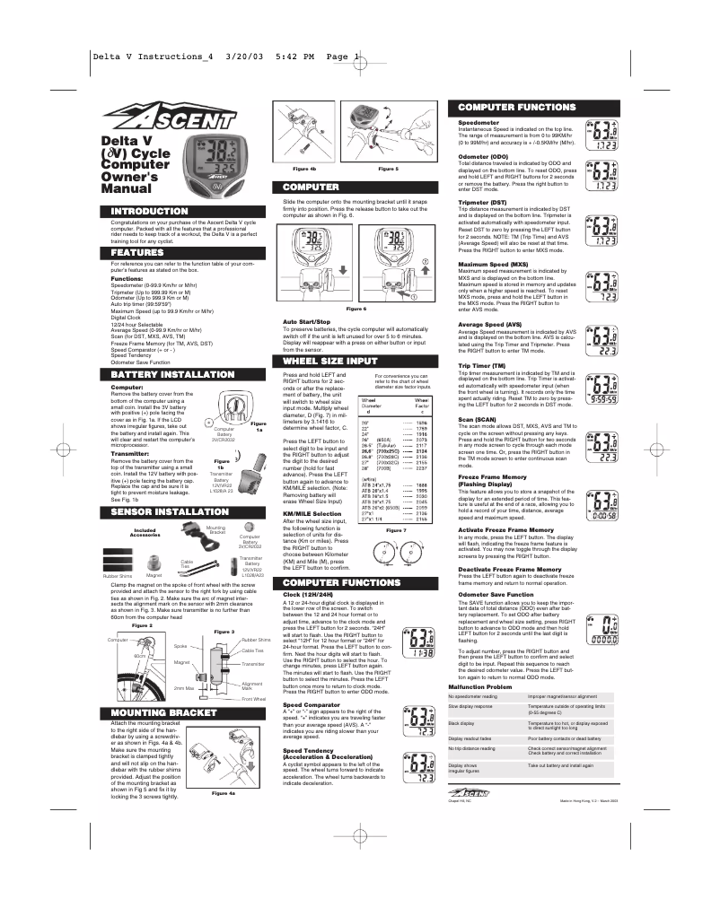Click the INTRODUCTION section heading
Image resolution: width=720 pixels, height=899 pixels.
pyautogui.click(x=149, y=212)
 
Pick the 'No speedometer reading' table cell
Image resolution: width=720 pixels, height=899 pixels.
pyautogui.click(x=474, y=695)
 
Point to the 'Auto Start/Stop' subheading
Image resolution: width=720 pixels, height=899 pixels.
pyautogui.click(x=307, y=320)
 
